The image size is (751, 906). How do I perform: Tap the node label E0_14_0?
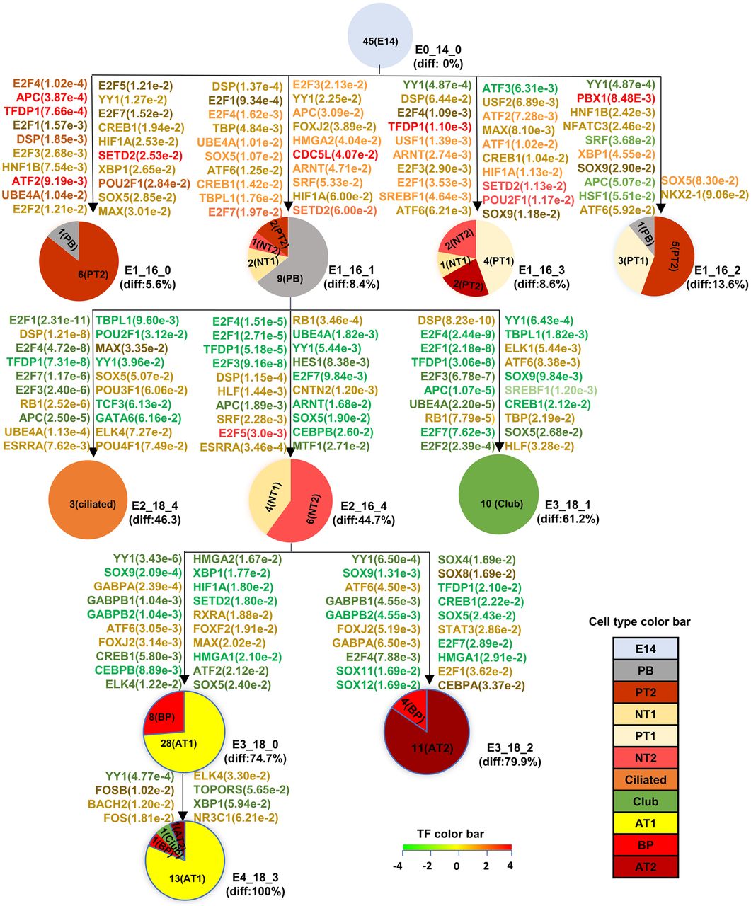(x=440, y=50)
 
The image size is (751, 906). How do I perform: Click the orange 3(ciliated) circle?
(x=92, y=504)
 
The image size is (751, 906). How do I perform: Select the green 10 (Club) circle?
(x=501, y=503)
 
